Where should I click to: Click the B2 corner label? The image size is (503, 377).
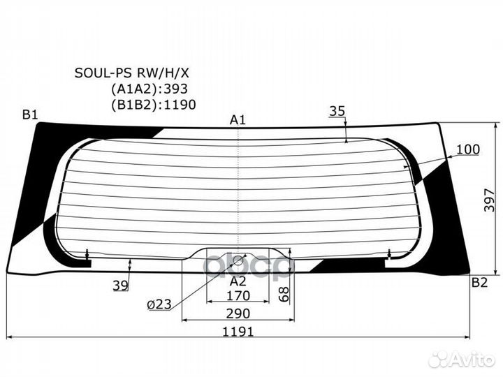(x=479, y=282)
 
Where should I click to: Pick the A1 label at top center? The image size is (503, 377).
(x=238, y=120)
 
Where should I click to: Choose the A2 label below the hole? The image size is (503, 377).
(x=238, y=281)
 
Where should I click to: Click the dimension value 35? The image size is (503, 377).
(x=337, y=110)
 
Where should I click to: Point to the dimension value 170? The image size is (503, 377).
(x=239, y=296)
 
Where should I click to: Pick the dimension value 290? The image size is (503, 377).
(x=239, y=313)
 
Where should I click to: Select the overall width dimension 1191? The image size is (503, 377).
(x=239, y=332)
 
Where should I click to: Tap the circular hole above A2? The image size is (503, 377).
(x=238, y=261)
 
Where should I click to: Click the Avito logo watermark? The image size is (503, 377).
(x=461, y=359)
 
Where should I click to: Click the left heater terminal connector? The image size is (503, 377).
(x=87, y=256)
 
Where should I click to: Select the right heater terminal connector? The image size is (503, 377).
(x=387, y=256)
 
